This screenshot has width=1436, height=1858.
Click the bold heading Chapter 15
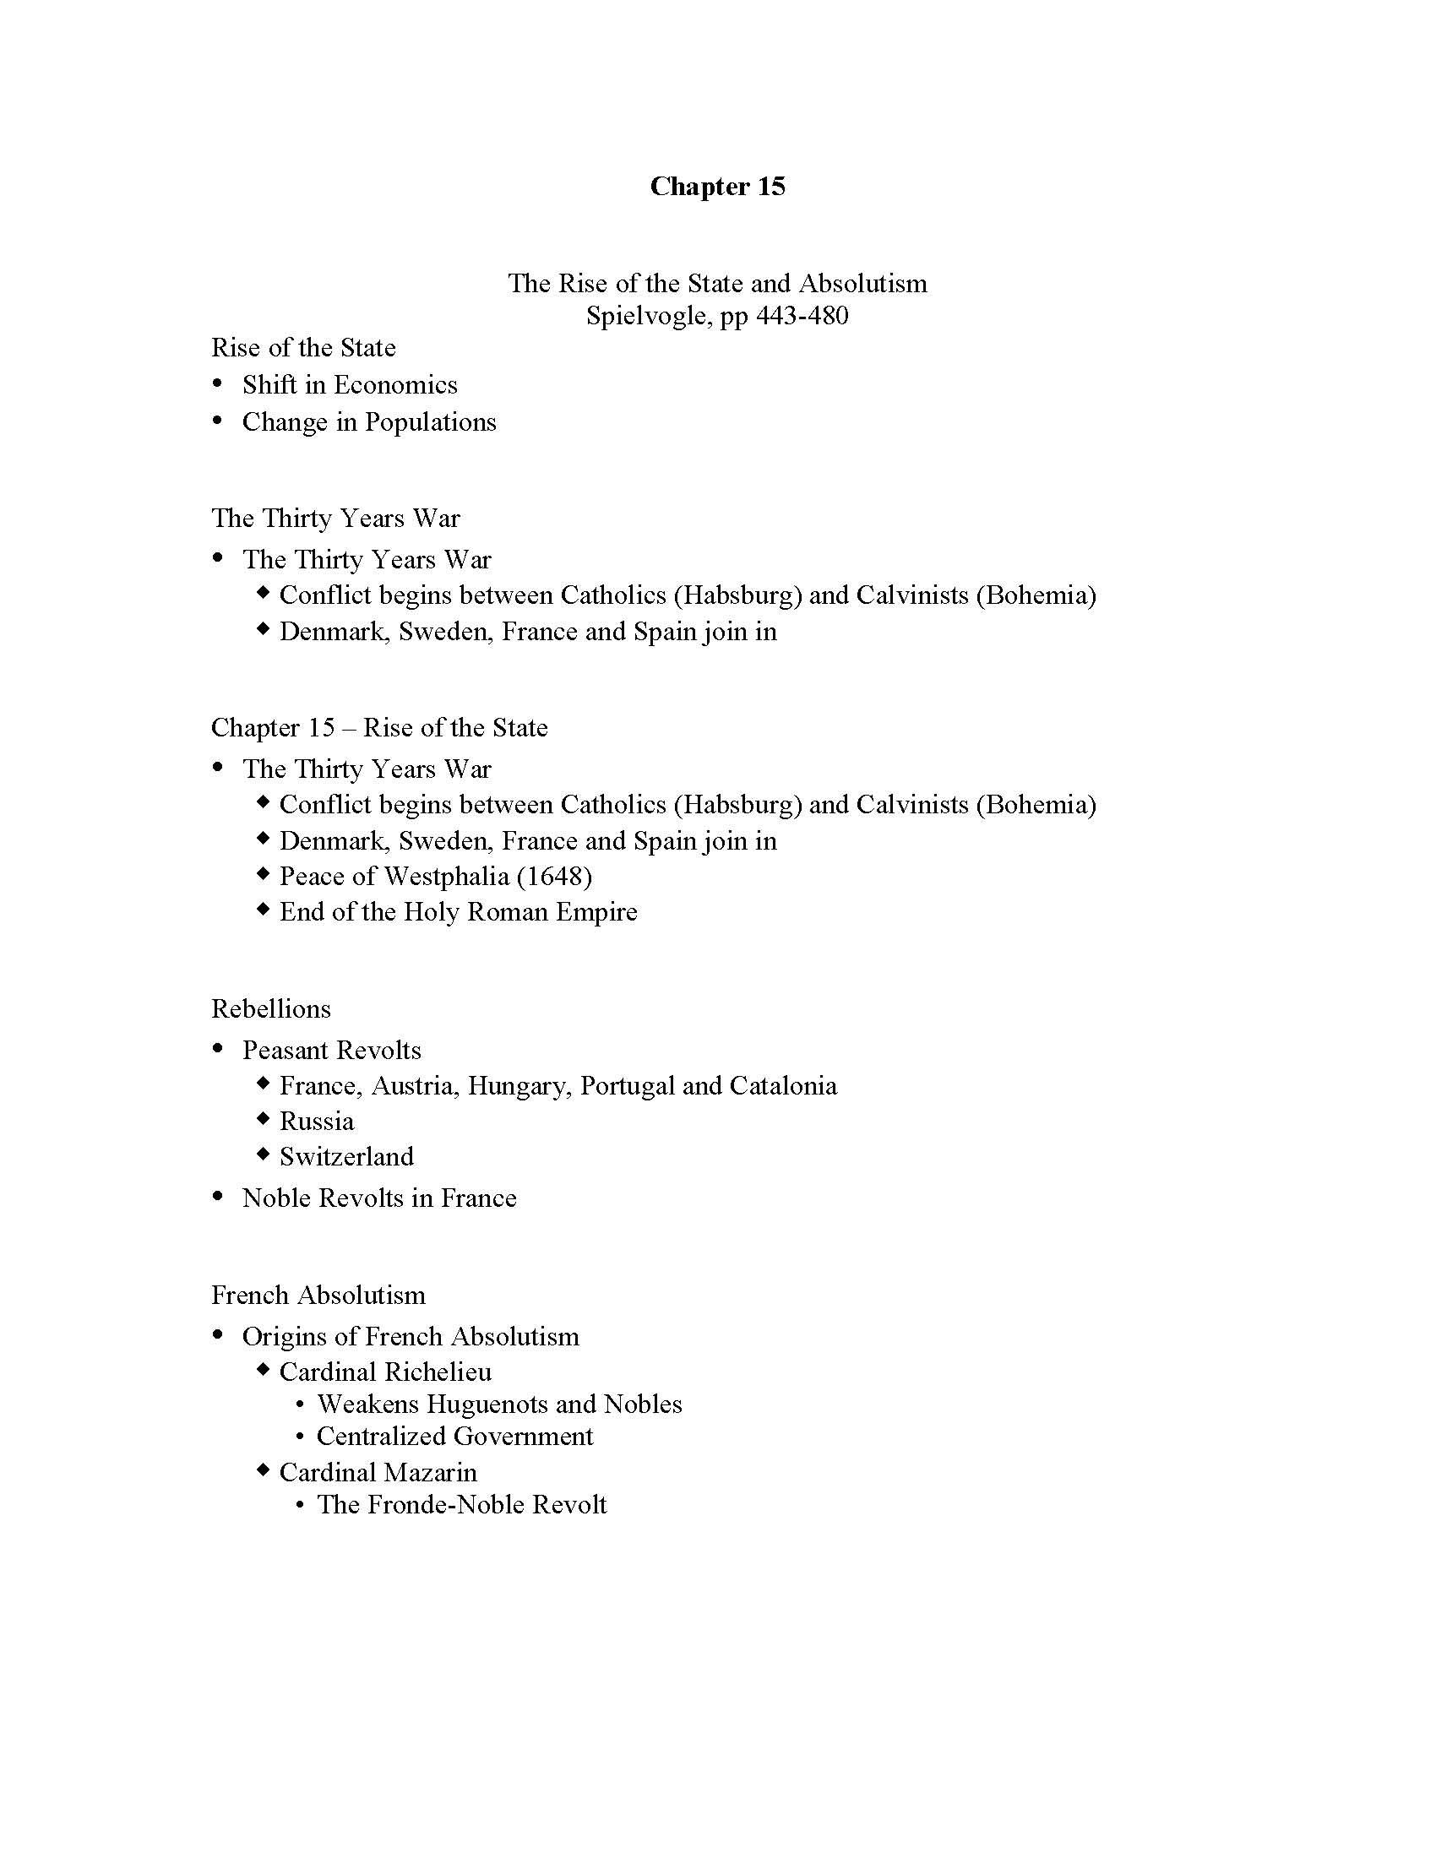717,187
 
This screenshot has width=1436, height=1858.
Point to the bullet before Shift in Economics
219,383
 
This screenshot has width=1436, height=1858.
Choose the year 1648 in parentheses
554,877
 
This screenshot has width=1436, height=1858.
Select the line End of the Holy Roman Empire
458,912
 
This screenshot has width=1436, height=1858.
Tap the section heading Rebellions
270,1009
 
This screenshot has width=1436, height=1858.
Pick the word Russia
317,1122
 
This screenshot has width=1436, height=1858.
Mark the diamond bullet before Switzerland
264,1154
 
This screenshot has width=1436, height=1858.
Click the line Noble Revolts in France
378,1198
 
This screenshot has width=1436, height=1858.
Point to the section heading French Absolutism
318,1295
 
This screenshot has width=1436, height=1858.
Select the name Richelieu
438,1372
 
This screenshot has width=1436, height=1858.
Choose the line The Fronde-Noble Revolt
461,1504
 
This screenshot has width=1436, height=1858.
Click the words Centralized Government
454,1436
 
